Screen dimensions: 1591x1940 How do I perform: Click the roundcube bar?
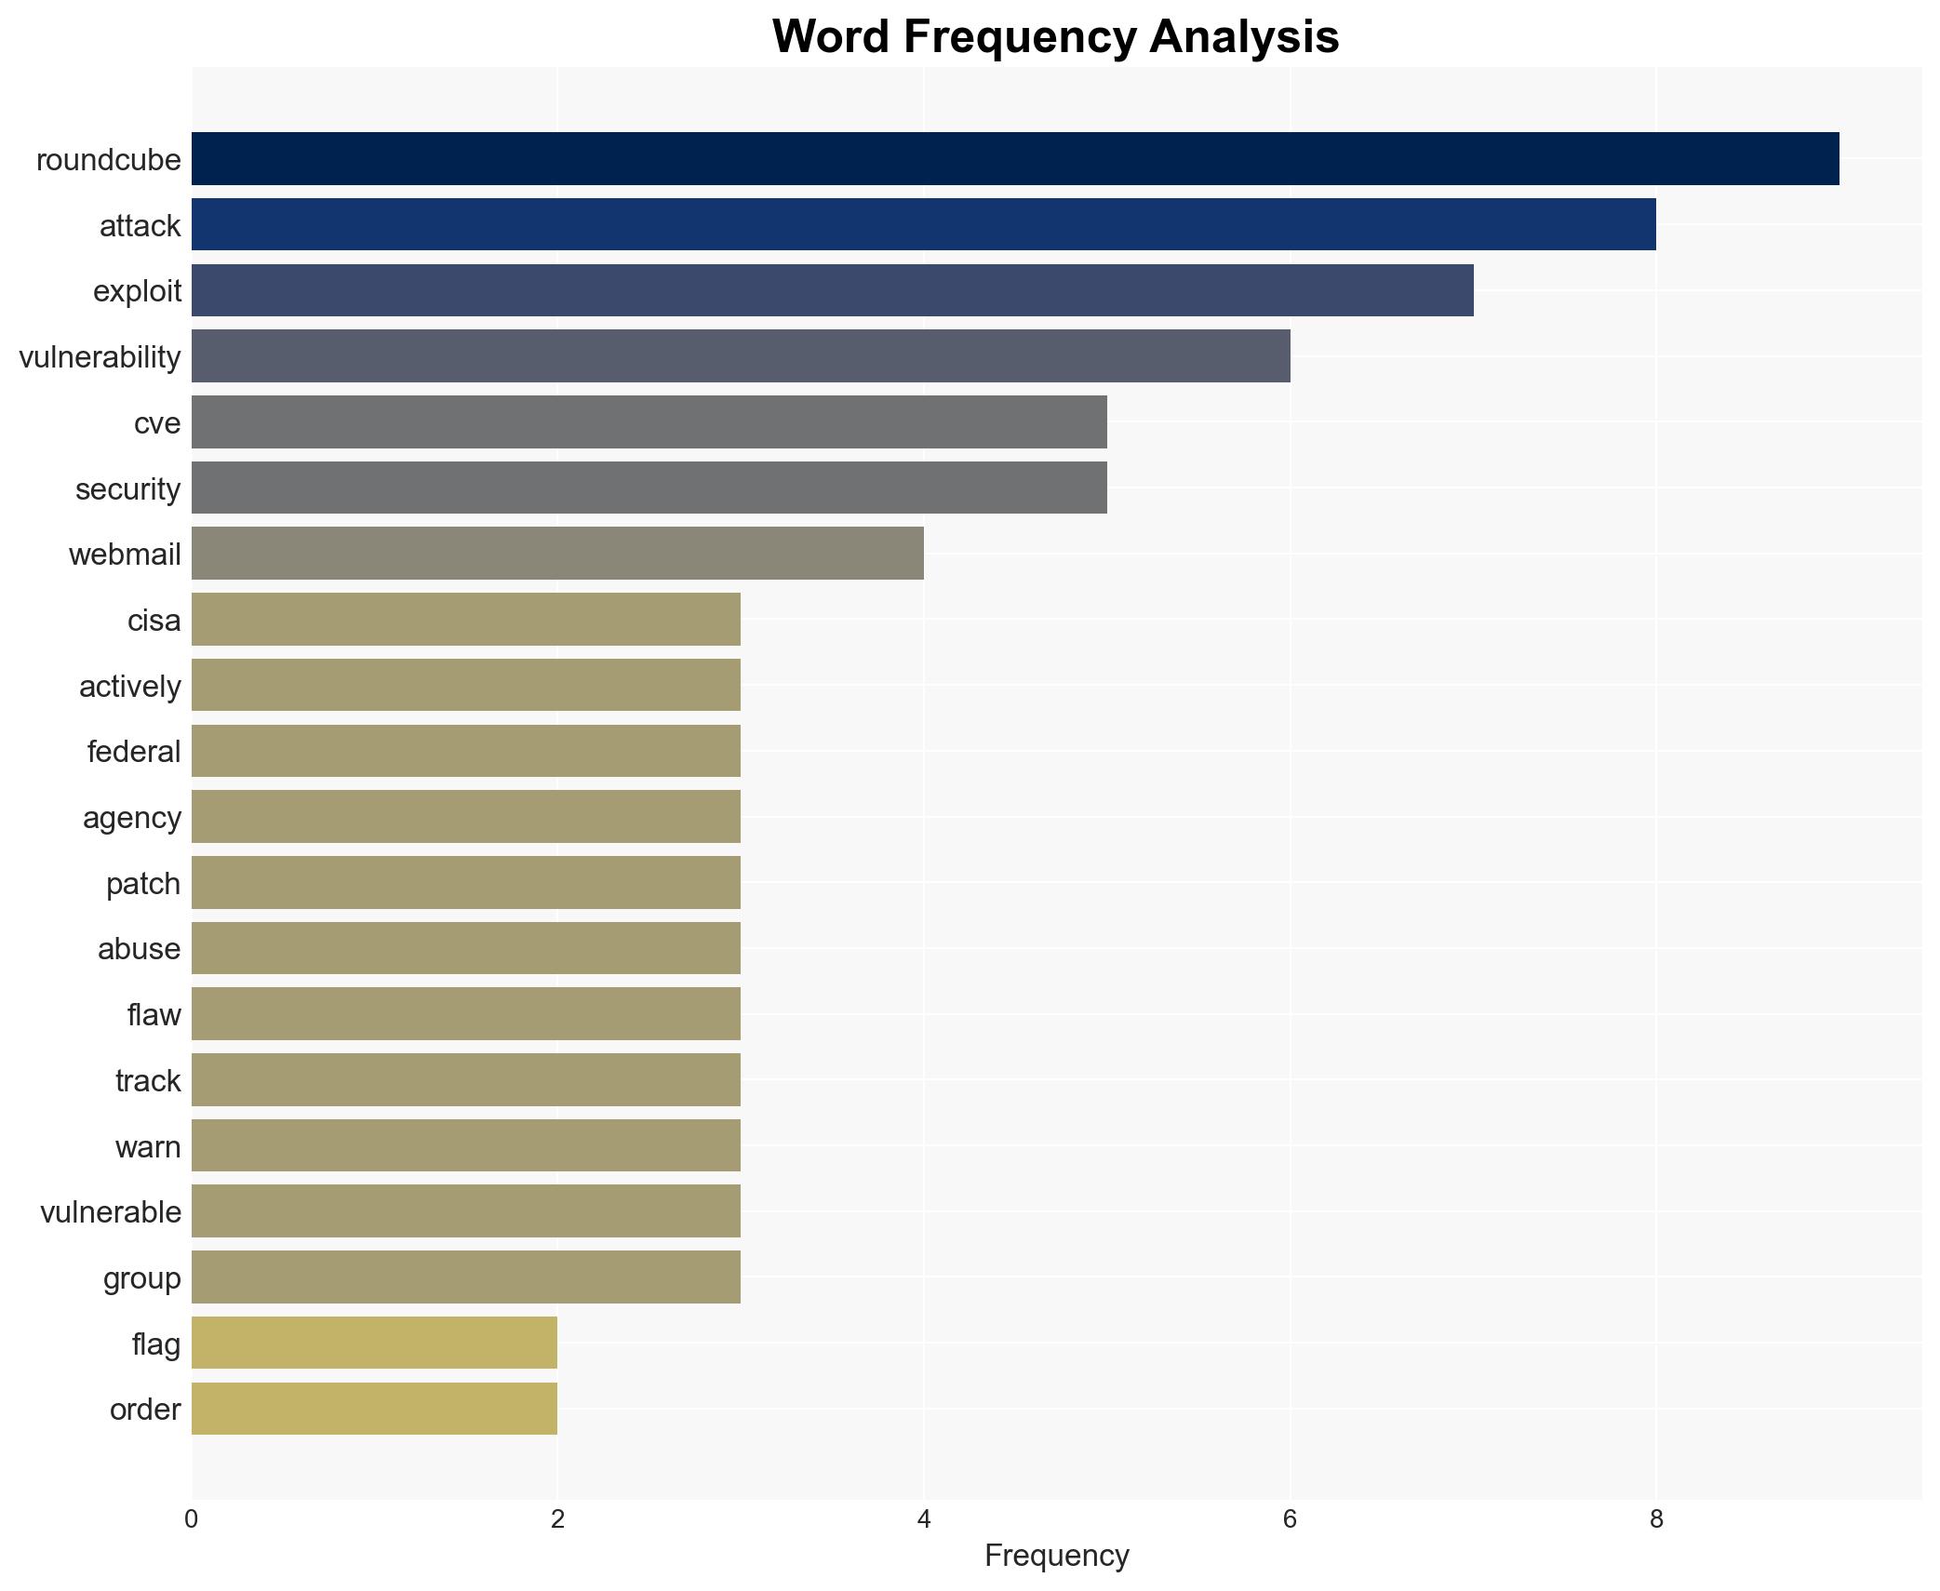pos(1014,158)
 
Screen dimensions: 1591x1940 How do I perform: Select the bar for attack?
pos(923,224)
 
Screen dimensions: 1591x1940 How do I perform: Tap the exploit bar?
pos(832,290)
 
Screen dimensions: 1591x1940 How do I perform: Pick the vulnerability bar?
pos(741,355)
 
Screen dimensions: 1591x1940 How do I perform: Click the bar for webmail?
pos(557,553)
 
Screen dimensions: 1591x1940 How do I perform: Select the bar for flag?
pos(374,1343)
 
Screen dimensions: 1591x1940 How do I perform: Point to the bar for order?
pos(374,1409)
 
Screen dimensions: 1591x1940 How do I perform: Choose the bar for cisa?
pos(465,619)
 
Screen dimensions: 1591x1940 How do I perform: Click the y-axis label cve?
pos(157,422)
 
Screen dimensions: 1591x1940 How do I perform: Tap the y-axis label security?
pos(128,488)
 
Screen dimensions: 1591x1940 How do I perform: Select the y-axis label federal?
pos(134,751)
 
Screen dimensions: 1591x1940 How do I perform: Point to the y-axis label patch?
pos(143,883)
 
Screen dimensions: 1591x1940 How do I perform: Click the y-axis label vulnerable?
pos(111,1211)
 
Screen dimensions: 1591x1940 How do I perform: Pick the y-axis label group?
pos(142,1277)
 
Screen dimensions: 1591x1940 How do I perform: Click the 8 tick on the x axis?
pos(1656,1519)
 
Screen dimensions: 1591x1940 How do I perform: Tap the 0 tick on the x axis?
pos(192,1519)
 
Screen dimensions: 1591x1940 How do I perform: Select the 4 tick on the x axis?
pos(924,1519)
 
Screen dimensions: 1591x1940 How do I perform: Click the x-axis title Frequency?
pos(1056,1555)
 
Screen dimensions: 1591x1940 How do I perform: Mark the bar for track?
pos(465,1079)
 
